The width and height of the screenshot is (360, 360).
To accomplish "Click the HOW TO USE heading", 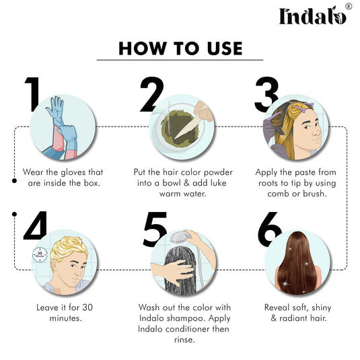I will tap(180, 48).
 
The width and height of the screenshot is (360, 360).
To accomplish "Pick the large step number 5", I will tap(155, 229).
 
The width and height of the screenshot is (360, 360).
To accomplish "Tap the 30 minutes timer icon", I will tap(39, 255).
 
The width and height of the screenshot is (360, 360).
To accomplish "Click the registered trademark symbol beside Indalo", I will tap(348, 6).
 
